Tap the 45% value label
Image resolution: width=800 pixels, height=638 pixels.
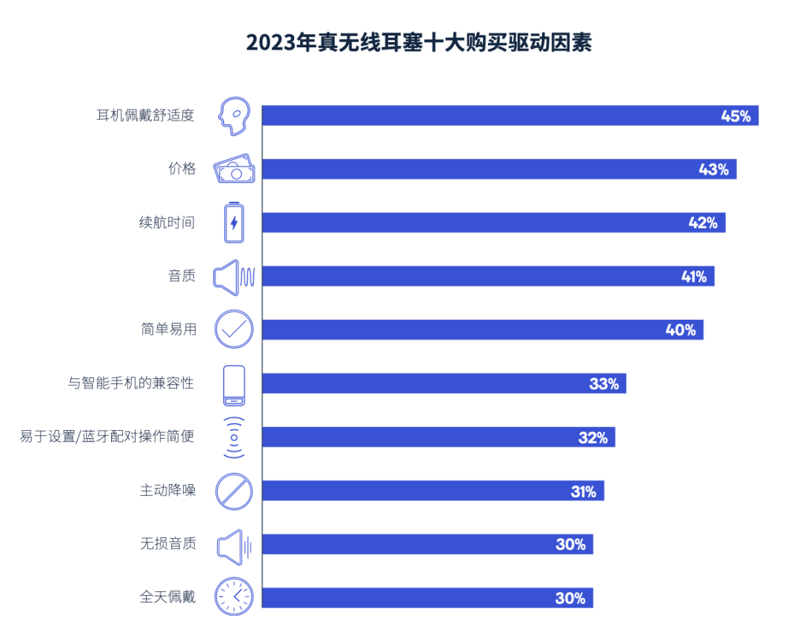point(736,115)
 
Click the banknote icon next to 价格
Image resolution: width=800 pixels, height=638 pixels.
point(234,169)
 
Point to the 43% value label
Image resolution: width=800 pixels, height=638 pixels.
point(713,169)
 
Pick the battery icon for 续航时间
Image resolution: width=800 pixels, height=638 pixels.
point(234,223)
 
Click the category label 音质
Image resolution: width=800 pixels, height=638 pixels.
point(181,276)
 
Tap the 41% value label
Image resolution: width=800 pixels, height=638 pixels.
point(694,277)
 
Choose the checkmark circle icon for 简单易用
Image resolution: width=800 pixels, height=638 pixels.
point(234,329)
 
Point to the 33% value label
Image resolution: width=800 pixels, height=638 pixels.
point(604,384)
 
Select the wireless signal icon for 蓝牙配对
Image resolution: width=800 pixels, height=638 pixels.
point(234,437)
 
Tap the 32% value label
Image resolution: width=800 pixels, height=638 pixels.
point(593,437)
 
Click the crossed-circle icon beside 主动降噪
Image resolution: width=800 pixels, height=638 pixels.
point(234,491)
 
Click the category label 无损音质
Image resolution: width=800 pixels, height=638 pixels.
point(168,544)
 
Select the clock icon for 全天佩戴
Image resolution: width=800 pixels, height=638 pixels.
point(234,596)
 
